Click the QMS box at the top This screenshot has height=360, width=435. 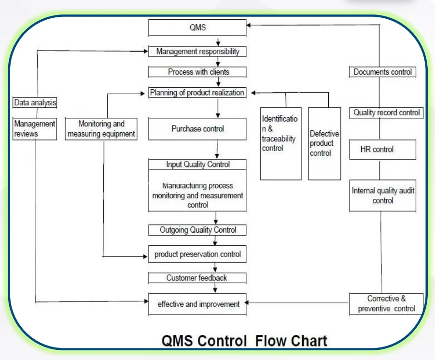[197, 28]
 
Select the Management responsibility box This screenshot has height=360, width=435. [197, 51]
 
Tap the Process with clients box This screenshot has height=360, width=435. [197, 72]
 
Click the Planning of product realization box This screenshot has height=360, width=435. [197, 92]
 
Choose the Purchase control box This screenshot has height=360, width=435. [197, 129]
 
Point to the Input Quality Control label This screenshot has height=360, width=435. [197, 165]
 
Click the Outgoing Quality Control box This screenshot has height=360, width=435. [197, 230]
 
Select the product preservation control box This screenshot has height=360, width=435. [197, 254]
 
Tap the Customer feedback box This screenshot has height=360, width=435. [197, 278]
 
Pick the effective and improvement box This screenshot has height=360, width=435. [197, 304]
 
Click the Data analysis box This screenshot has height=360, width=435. [35, 102]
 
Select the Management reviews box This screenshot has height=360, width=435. [35, 129]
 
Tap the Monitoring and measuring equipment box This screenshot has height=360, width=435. [101, 129]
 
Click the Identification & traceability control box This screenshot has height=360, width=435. [281, 143]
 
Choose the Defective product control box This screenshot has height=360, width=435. [324, 143]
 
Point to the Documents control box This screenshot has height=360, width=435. [382, 72]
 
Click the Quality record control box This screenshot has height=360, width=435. [386, 113]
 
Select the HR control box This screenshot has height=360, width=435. [382, 150]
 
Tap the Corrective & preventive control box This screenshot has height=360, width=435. [386, 304]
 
